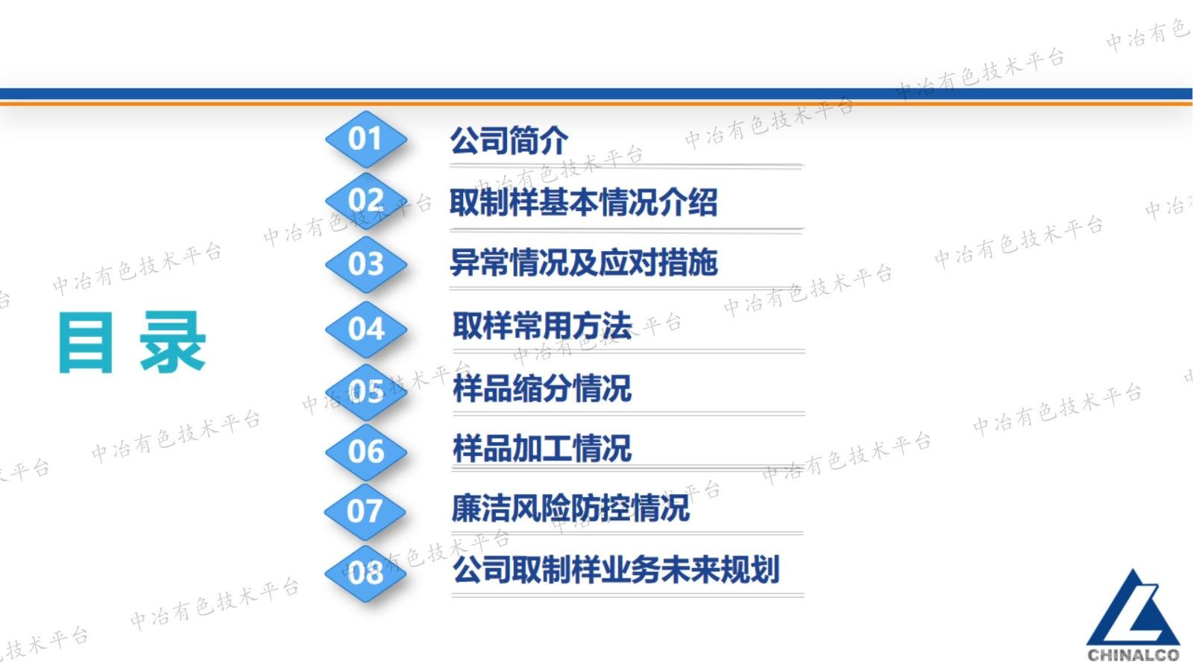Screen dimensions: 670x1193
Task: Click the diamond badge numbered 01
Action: [x=365, y=139]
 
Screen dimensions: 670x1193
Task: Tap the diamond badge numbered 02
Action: [x=365, y=200]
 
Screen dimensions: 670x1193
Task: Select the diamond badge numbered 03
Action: [x=365, y=264]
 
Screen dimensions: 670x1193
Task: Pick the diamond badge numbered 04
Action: [x=365, y=329]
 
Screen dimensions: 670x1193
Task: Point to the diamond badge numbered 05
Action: [x=365, y=391]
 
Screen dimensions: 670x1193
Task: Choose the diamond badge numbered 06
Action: [x=365, y=452]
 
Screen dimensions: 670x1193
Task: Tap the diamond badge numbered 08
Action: [x=365, y=572]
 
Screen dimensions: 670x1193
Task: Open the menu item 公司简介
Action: [x=509, y=140]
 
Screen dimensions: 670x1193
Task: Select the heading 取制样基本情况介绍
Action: [x=583, y=202]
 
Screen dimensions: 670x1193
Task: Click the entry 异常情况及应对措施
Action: [x=583, y=262]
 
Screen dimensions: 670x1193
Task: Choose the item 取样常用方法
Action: [x=542, y=326]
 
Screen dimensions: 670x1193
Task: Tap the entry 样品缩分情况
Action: [x=542, y=388]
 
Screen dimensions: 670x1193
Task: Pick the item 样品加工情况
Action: [x=542, y=449]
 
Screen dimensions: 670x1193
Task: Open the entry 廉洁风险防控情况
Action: [x=571, y=508]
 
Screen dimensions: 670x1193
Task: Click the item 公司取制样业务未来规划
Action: [x=616, y=570]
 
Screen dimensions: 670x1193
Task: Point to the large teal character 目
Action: [x=86, y=342]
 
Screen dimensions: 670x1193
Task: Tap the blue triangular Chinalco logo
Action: [x=1133, y=609]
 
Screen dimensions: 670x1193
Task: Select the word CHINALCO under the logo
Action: [x=1133, y=655]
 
